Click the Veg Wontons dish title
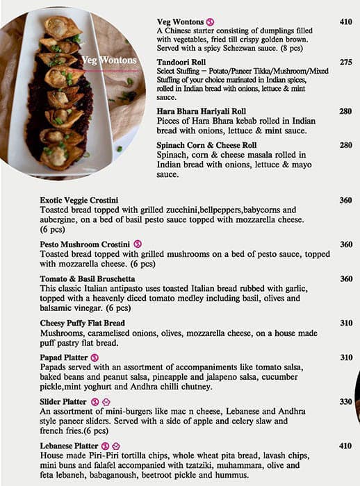[x=180, y=22]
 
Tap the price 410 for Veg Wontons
[x=345, y=22]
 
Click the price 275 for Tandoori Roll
[x=345, y=62]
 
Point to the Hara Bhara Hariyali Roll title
[x=201, y=111]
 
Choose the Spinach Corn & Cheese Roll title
[x=207, y=144]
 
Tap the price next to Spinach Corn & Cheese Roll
[x=345, y=144]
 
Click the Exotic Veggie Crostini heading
[x=79, y=200]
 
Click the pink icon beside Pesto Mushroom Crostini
[x=138, y=244]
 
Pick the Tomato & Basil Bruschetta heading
[x=88, y=278]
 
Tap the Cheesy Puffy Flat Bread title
[x=82, y=323]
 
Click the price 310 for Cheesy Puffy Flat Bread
[x=345, y=323]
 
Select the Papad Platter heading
[x=64, y=357]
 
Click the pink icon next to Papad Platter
[x=95, y=357]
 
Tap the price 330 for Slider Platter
[x=345, y=401]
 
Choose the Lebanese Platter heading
[x=69, y=446]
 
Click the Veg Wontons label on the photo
[x=108, y=60]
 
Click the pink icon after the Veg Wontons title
[x=209, y=22]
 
